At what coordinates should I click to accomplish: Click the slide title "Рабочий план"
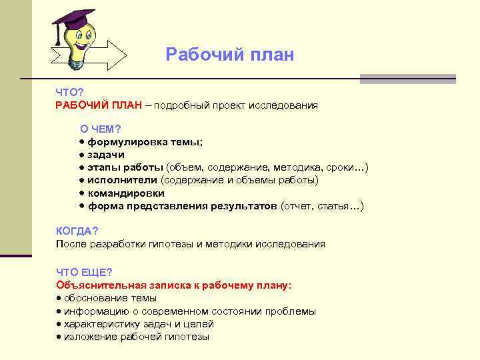click(229, 54)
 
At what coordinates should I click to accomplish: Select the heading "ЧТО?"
click(69, 93)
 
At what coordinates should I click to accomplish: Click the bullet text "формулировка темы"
click(145, 142)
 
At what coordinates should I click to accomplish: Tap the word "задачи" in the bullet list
click(107, 155)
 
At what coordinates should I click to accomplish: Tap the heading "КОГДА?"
click(77, 231)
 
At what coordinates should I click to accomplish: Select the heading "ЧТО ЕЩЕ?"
click(84, 272)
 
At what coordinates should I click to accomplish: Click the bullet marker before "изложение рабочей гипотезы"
click(59, 337)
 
